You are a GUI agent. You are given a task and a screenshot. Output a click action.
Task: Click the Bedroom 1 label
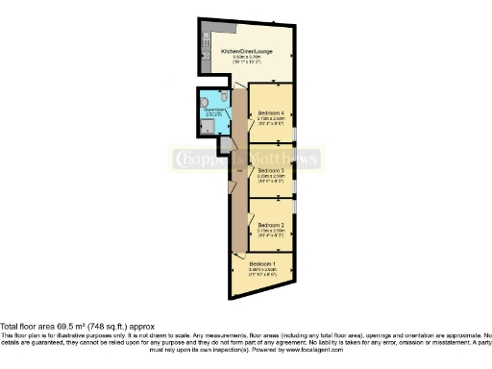[262, 263]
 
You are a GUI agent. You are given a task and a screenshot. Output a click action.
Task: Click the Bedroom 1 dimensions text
[262, 272]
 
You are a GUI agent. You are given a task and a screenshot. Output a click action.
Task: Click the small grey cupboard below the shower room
[224, 145]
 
